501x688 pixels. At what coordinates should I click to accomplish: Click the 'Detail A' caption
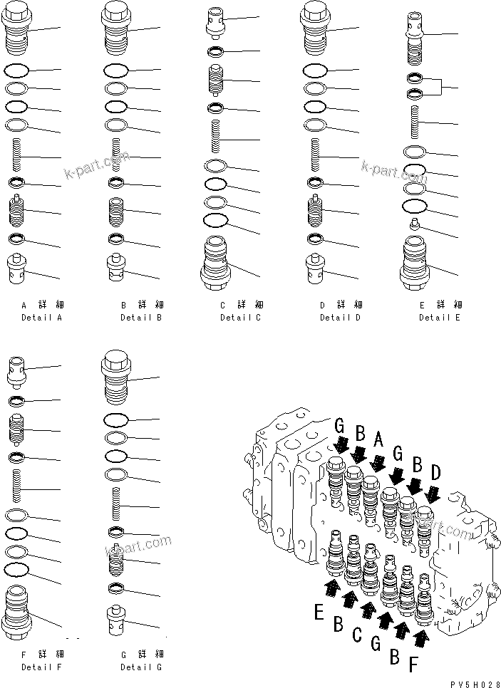[41, 317]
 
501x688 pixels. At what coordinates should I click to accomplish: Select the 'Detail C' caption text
[241, 317]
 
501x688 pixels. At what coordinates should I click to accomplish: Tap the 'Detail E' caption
[440, 317]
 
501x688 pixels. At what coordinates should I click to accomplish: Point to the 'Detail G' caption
[141, 667]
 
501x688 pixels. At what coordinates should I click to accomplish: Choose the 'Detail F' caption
[41, 667]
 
